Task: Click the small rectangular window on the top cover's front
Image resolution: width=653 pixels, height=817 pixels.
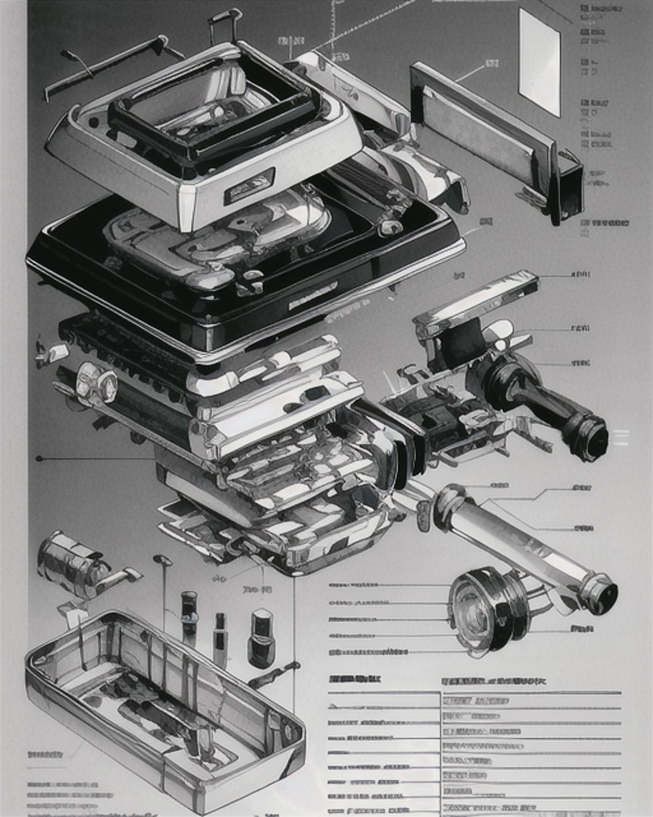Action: pos(249,185)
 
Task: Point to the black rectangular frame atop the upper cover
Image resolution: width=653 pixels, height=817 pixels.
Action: pos(212,117)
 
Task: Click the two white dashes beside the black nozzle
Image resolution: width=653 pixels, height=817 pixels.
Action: pos(620,437)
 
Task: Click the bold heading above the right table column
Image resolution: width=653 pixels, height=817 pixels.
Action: pos(493,681)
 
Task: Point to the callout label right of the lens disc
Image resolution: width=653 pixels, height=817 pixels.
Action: pos(581,629)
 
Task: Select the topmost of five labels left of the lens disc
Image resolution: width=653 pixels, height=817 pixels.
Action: pos(354,585)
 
